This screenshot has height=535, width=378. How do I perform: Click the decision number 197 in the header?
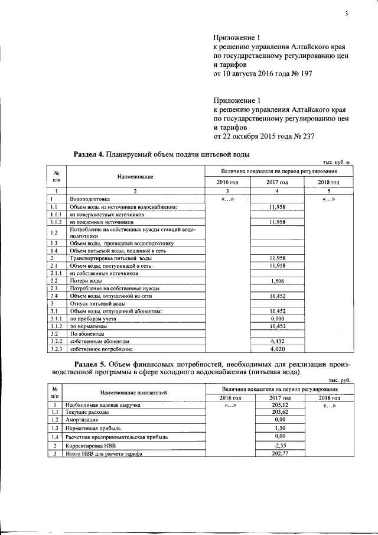tap(305, 74)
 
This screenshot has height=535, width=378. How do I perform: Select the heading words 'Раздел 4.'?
tap(88, 154)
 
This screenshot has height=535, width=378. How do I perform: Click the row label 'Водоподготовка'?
tap(89, 199)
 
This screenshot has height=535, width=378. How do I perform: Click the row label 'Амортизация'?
tap(82, 419)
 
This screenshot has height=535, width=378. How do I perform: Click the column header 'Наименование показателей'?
tap(133, 393)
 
